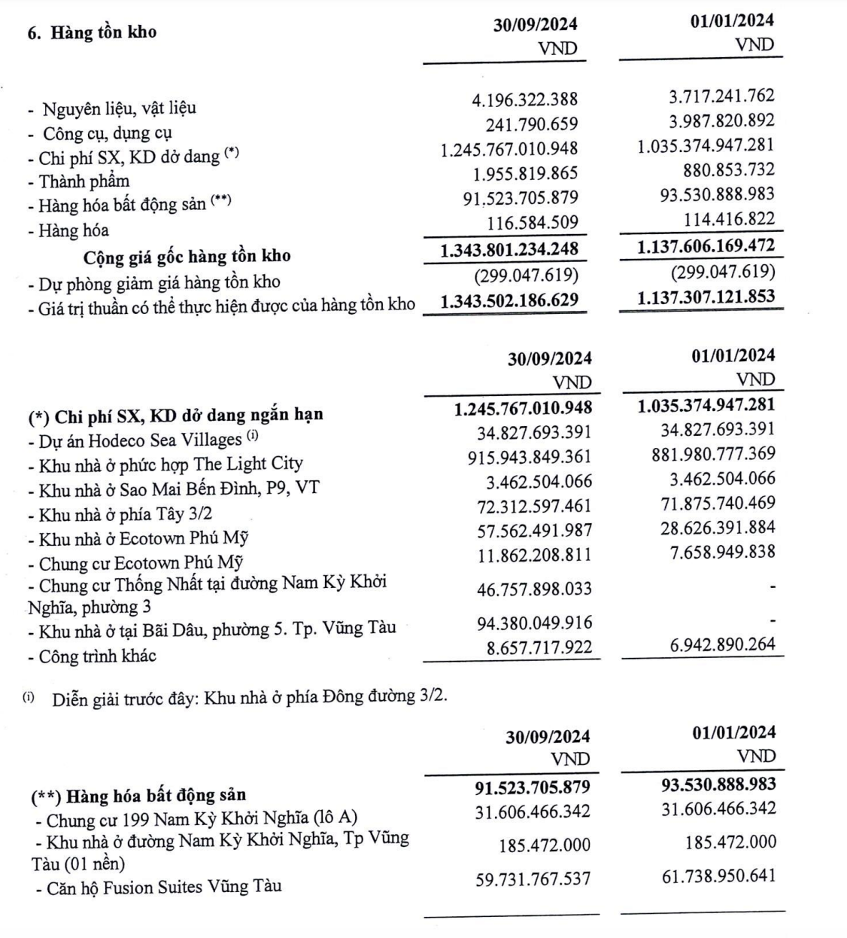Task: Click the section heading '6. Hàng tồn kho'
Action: click(93, 33)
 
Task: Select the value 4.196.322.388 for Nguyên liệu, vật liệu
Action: click(521, 99)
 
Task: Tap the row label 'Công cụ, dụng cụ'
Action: click(108, 133)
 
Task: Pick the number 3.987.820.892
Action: click(706, 120)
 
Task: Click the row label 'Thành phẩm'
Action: click(84, 181)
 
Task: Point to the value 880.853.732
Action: click(721, 170)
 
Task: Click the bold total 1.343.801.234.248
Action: click(509, 248)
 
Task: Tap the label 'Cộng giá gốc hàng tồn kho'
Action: click(187, 257)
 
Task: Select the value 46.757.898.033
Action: click(534, 589)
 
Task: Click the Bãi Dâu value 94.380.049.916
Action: click(534, 623)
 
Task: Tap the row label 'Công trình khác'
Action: click(97, 656)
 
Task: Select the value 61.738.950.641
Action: click(718, 876)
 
